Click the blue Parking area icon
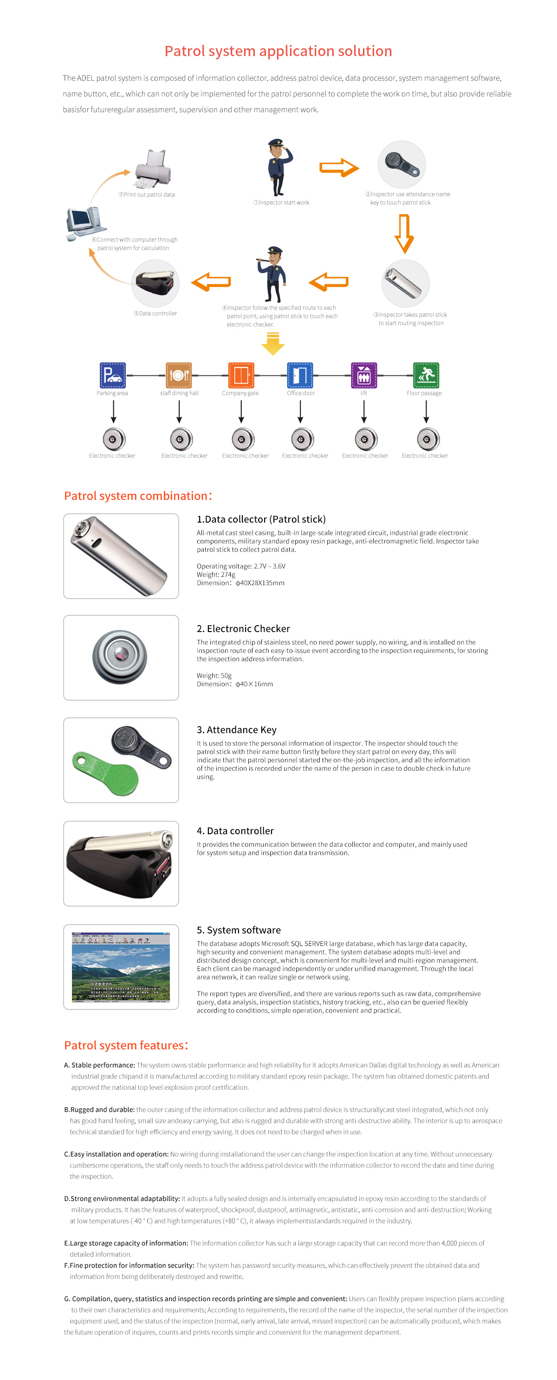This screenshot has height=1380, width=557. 113,375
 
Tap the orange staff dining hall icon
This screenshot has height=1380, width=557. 179,375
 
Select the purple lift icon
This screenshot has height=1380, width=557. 363,375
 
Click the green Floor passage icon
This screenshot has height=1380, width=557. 426,375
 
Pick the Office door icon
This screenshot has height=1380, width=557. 300,375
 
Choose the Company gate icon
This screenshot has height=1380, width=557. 241,375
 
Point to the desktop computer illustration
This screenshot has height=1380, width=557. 83,222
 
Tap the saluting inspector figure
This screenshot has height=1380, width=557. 279,166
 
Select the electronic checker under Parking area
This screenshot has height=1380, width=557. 114,439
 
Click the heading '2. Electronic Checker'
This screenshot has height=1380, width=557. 243,628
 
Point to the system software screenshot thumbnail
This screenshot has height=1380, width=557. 121,966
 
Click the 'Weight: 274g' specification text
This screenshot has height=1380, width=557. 215,574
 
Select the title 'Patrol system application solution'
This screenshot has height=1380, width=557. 278,51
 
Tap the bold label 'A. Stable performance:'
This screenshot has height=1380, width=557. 99,1065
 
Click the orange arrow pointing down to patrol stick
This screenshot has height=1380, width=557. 404,233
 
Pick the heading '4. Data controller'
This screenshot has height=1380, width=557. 235,831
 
